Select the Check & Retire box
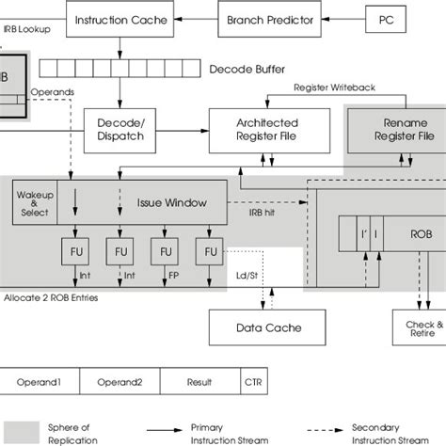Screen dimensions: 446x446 (417, 328)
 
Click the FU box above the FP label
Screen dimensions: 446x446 (165, 252)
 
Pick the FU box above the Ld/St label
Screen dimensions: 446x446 (209, 252)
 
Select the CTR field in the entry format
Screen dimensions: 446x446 (254, 383)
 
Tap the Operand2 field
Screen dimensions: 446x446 (119, 383)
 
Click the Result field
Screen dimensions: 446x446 (199, 383)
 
